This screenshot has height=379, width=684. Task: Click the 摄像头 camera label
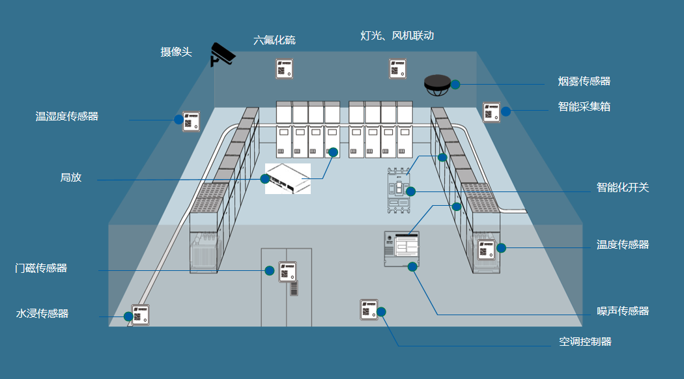[177, 52]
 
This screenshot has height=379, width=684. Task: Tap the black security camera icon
[222, 54]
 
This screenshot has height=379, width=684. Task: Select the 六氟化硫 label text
[274, 40]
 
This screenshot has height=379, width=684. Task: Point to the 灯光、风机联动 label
[397, 35]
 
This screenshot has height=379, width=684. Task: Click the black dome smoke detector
[437, 84]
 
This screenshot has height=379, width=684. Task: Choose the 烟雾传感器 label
[584, 81]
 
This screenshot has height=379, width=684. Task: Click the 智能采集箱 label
[584, 106]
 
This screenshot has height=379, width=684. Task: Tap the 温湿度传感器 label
[66, 117]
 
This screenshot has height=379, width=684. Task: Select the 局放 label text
[71, 177]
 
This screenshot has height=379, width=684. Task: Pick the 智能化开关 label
[623, 188]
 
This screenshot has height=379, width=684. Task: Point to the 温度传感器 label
[623, 245]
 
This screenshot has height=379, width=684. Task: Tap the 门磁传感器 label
[41, 268]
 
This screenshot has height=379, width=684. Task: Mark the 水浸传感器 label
[42, 314]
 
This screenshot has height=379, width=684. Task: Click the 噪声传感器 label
[623, 311]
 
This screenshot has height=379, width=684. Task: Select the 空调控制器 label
[585, 342]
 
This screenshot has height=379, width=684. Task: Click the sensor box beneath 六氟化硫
[285, 68]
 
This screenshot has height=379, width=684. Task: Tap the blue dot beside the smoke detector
[455, 84]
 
